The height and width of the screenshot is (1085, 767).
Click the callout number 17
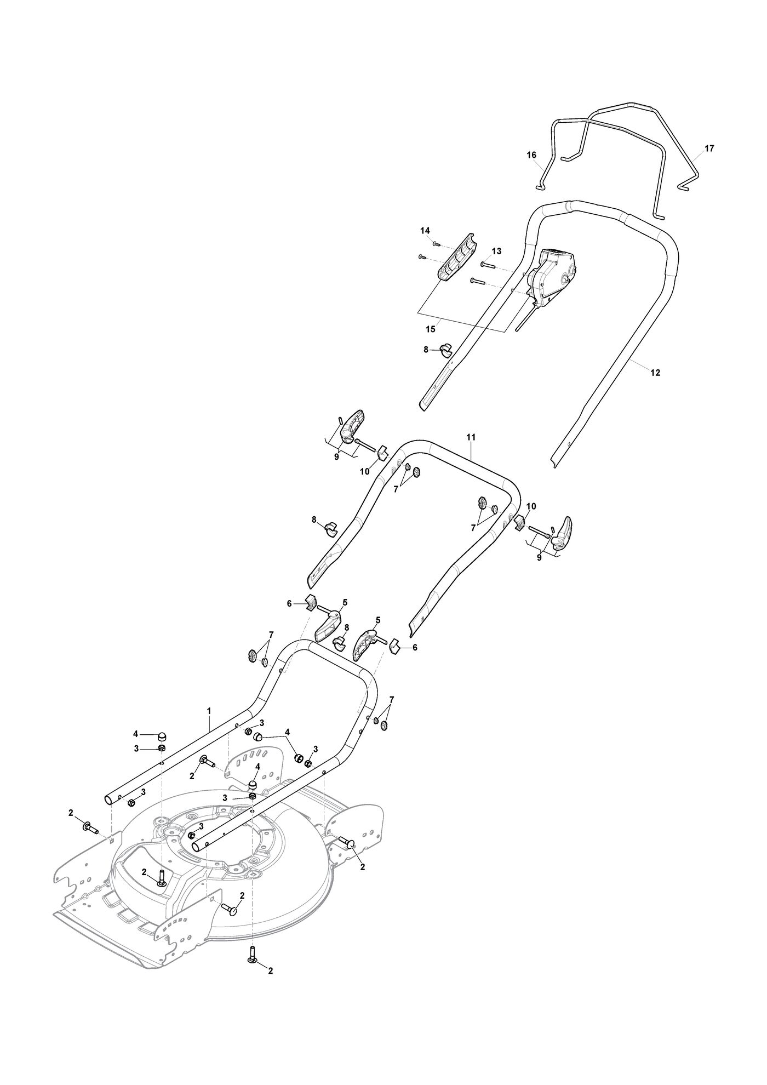click(x=709, y=149)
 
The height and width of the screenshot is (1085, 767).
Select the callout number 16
click(x=531, y=155)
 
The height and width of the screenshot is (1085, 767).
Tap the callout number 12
click(x=655, y=373)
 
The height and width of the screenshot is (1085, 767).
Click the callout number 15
click(x=430, y=329)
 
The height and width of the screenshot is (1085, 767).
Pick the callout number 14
click(x=425, y=231)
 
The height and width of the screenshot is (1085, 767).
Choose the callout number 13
click(x=496, y=251)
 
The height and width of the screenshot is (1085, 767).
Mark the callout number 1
click(x=209, y=711)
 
